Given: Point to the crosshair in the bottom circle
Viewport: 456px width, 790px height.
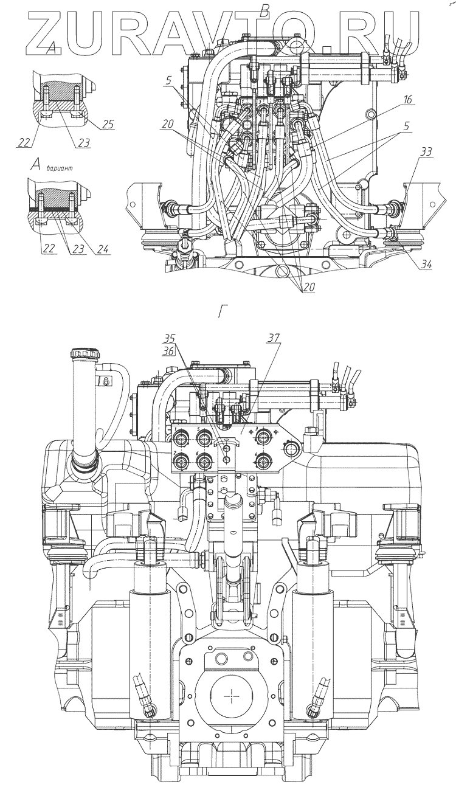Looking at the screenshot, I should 232,694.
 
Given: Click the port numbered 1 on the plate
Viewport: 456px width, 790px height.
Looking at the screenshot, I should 181,437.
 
